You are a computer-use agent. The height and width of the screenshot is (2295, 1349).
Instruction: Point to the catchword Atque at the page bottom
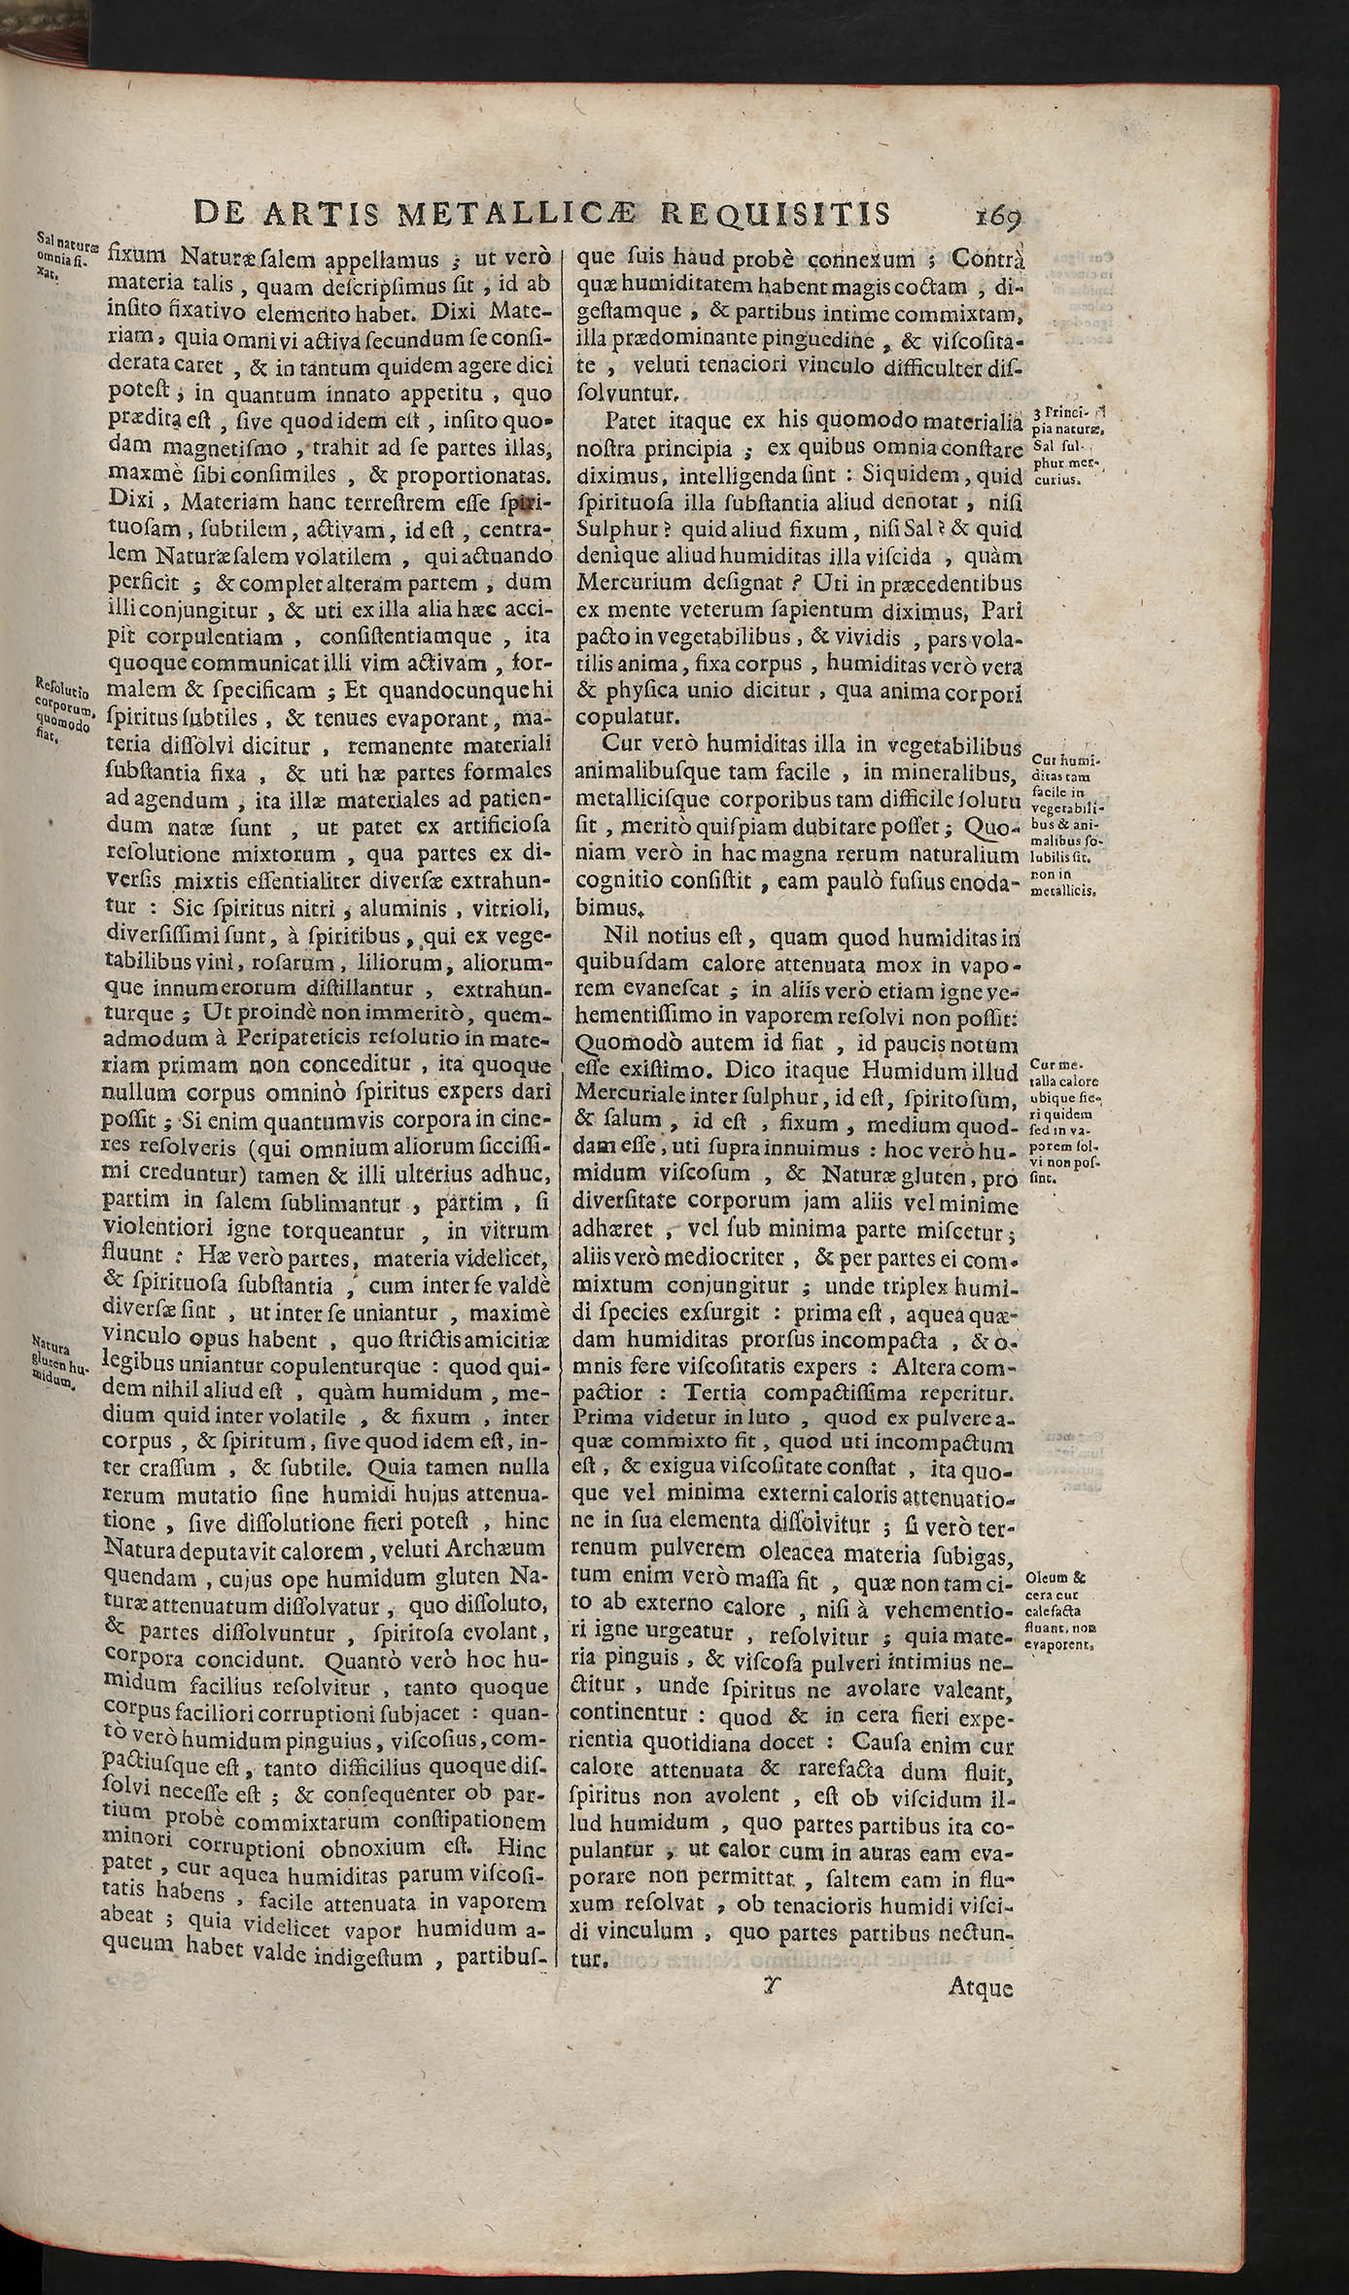(980, 1989)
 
